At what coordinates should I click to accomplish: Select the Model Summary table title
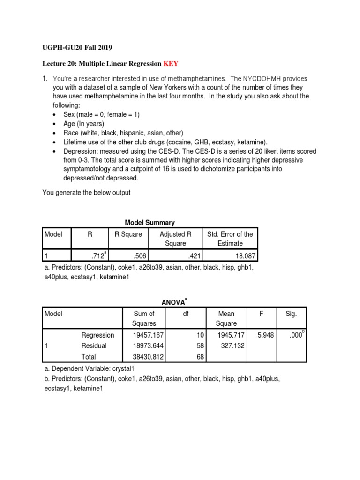(x=150, y=223)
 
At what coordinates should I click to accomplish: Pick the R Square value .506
(x=135, y=255)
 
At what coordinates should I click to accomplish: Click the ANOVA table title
(x=172, y=302)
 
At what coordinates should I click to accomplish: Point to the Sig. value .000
(x=292, y=335)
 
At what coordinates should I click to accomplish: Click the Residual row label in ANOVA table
(x=94, y=346)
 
